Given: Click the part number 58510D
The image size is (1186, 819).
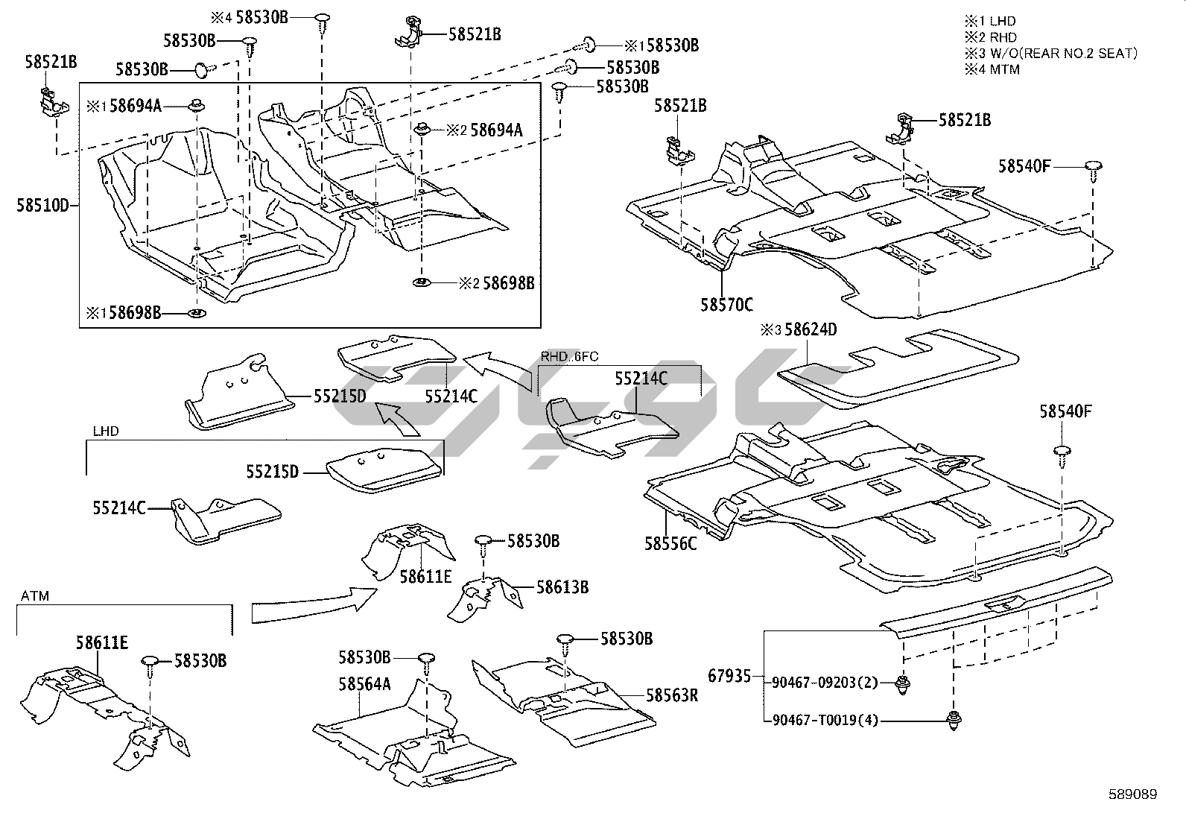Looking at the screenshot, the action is (x=43, y=205).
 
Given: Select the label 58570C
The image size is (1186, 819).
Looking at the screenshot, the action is (x=726, y=305).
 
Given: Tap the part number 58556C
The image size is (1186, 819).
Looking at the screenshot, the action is (x=670, y=543).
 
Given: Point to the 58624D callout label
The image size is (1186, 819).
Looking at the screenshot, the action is (x=811, y=329).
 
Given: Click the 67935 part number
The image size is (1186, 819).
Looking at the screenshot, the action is (x=729, y=676).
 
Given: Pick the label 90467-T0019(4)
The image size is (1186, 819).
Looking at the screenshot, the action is (x=825, y=721).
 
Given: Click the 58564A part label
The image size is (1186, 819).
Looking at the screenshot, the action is (x=365, y=684).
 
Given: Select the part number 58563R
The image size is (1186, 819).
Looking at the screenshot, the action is (x=672, y=695).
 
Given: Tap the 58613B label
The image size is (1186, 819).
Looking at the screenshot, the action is (x=562, y=587).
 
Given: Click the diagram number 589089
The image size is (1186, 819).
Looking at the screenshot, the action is (x=1133, y=794).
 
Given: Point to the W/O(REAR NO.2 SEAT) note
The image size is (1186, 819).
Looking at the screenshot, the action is (x=1065, y=54).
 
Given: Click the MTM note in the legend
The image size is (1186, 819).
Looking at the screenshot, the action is (x=1005, y=69).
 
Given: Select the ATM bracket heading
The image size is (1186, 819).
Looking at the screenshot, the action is (x=35, y=596).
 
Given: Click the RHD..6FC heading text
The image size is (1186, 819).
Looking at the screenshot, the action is (x=570, y=356).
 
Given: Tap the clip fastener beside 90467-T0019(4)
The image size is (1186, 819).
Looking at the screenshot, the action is (x=954, y=721).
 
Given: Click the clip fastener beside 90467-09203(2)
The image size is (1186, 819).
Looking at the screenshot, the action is (x=903, y=684).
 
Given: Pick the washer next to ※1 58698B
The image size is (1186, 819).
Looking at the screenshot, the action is (x=197, y=314).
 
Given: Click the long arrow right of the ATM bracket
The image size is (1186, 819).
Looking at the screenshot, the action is (x=314, y=606).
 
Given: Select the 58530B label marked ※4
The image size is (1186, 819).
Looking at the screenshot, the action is (x=262, y=17).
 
